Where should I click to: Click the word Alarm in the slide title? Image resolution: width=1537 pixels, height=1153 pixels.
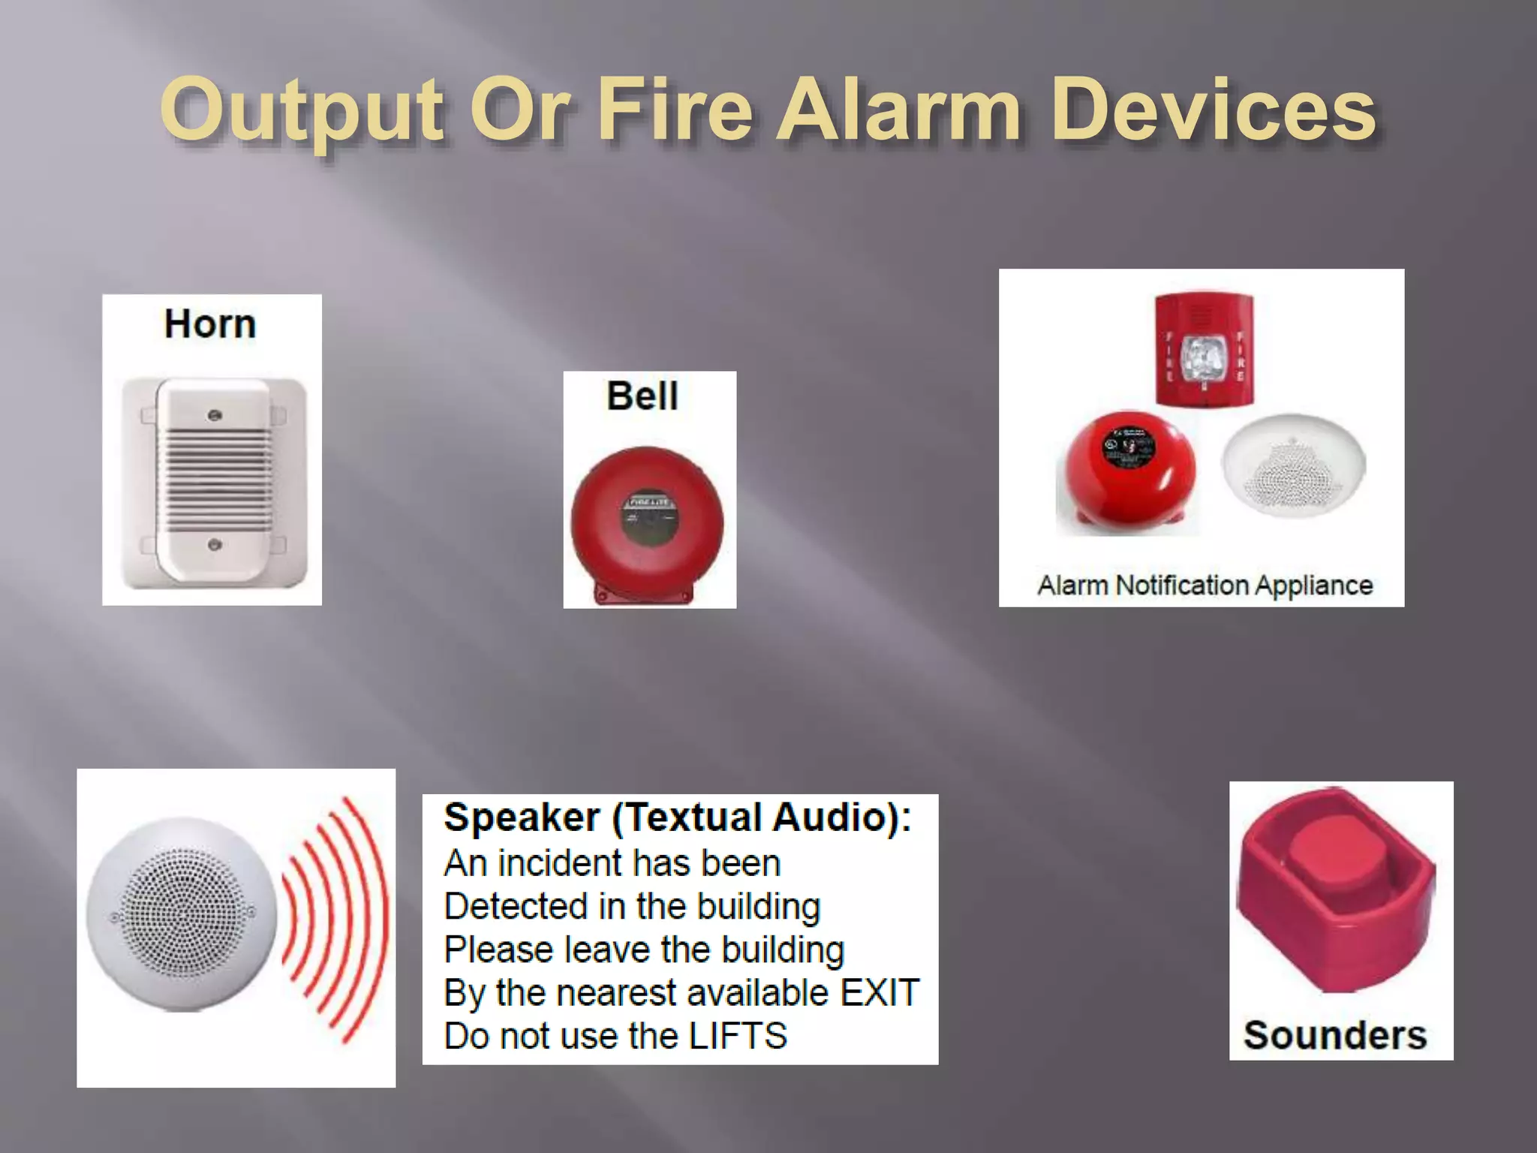pyautogui.click(x=898, y=111)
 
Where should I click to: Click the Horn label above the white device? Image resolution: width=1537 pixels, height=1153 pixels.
pyautogui.click(x=210, y=324)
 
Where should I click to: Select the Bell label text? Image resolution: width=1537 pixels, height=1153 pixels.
pyautogui.click(x=642, y=396)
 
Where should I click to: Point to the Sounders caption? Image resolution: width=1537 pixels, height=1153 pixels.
pyautogui.click(x=1334, y=1035)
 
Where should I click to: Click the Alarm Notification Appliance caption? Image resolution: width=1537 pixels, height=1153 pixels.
pyautogui.click(x=1205, y=586)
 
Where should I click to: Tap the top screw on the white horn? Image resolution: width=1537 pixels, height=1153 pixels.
pyautogui.click(x=215, y=415)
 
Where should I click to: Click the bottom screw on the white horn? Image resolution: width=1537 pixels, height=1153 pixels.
pyautogui.click(x=215, y=543)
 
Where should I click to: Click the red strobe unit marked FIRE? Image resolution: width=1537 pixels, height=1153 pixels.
pyautogui.click(x=1204, y=350)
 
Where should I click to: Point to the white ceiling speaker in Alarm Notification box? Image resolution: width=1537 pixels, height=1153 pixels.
pyautogui.click(x=1293, y=465)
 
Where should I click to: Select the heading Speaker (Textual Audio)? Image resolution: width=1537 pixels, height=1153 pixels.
pyautogui.click(x=677, y=817)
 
